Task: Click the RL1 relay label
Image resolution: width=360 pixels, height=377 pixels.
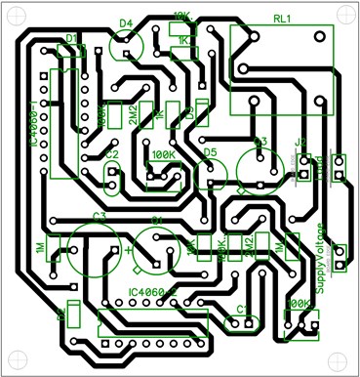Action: click(282, 18)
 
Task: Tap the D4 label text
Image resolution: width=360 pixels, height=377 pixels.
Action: click(125, 21)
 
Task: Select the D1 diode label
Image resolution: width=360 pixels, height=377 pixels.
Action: click(70, 38)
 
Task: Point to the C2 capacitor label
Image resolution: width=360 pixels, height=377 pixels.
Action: click(111, 154)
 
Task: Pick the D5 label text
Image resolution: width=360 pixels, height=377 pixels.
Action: click(211, 152)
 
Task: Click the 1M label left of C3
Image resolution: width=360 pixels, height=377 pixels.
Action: click(40, 248)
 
